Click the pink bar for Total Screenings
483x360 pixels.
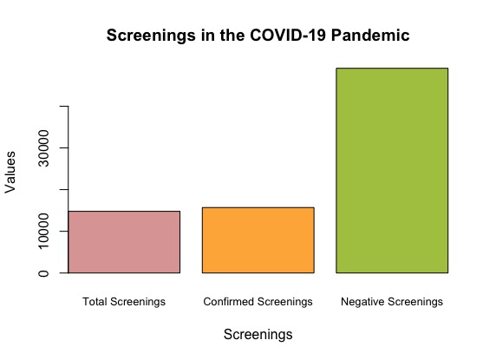[124, 242]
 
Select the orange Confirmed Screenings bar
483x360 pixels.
[258, 240]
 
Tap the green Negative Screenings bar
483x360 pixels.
[392, 170]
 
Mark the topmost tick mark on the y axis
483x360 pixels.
[63, 106]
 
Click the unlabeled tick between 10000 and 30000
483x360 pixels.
[63, 189]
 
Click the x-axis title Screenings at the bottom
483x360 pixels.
[258, 334]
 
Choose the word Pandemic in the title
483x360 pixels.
[374, 36]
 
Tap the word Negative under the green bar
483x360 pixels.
[362, 302]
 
